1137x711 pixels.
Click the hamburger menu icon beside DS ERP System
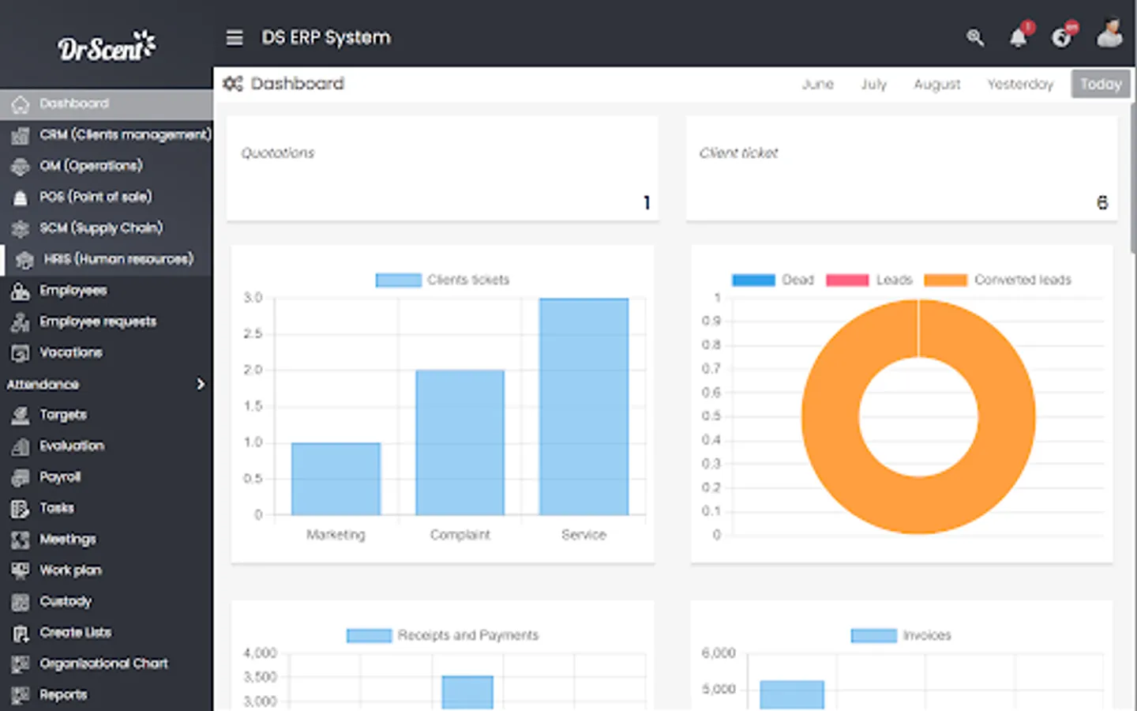pos(235,38)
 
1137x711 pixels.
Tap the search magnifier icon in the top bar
pos(975,37)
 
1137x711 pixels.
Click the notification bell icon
pos(1019,37)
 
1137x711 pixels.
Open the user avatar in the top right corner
pos(1109,35)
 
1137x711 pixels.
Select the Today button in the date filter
pos(1100,84)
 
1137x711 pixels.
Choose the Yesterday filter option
pos(1019,84)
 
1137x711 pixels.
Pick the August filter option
pos(936,84)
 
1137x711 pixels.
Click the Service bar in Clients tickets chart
pos(584,406)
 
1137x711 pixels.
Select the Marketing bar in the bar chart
pos(336,479)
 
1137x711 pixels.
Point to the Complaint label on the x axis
pos(460,535)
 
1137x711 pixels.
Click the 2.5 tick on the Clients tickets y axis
pos(253,334)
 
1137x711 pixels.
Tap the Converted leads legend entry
pos(998,280)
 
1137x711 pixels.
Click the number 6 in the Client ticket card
pos(1101,203)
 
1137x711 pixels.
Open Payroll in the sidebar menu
pos(60,477)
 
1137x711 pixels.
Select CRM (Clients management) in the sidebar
pos(125,134)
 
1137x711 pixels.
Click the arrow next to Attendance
pos(201,384)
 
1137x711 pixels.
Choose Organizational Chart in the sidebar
pos(103,664)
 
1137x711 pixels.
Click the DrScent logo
pos(107,47)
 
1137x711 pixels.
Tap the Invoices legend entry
pos(901,635)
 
